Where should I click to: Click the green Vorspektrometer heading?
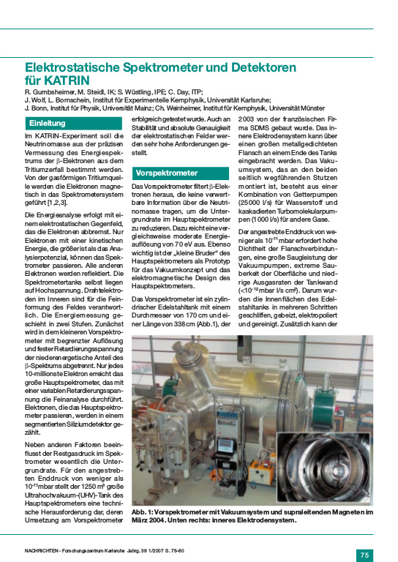(x=167, y=173)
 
